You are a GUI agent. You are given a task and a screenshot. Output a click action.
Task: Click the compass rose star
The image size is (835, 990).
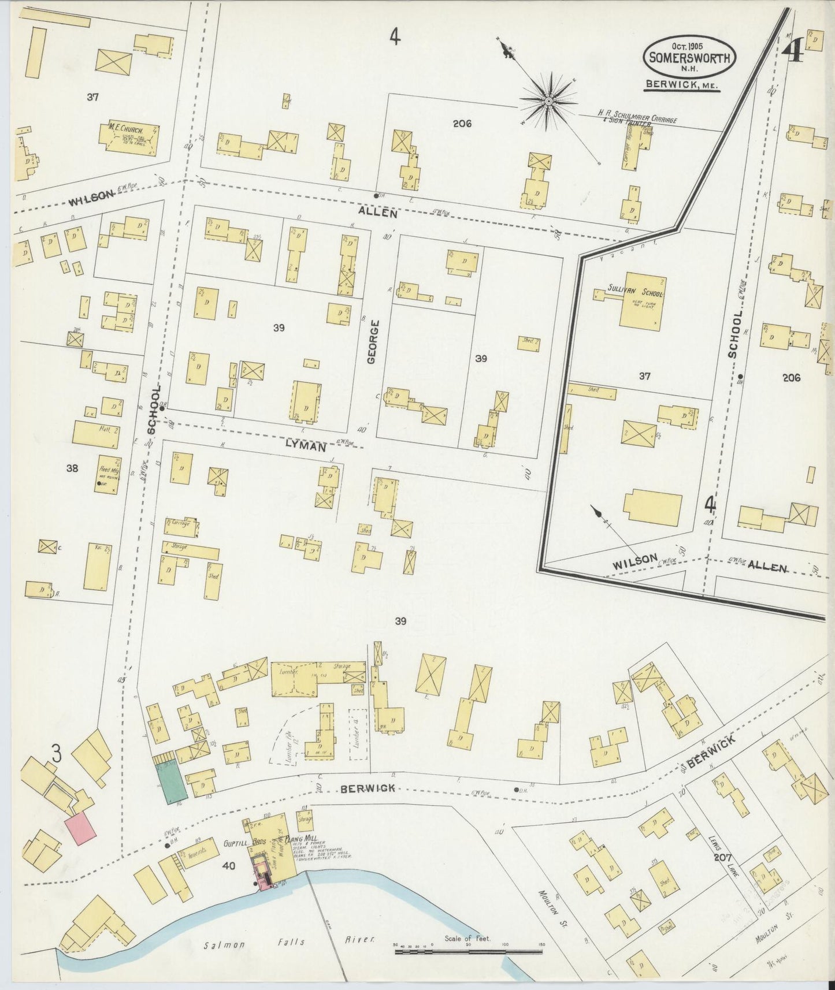[x=548, y=102]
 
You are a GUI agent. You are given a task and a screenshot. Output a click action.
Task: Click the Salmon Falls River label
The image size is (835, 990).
[x=289, y=940]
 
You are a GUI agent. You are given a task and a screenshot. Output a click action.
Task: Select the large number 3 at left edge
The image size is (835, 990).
[x=57, y=753]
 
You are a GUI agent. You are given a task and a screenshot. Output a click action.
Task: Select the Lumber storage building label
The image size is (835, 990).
[x=287, y=673]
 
